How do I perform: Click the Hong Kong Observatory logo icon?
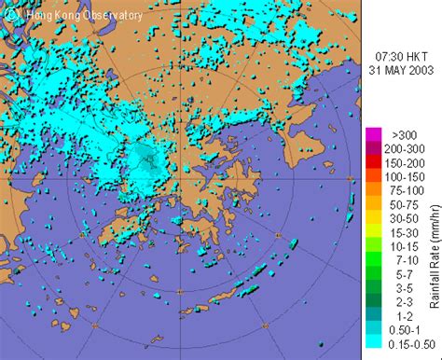10,13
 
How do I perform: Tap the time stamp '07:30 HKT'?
400,55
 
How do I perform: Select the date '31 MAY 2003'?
400,69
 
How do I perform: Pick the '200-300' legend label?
399,147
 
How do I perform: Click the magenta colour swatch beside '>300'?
371,133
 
